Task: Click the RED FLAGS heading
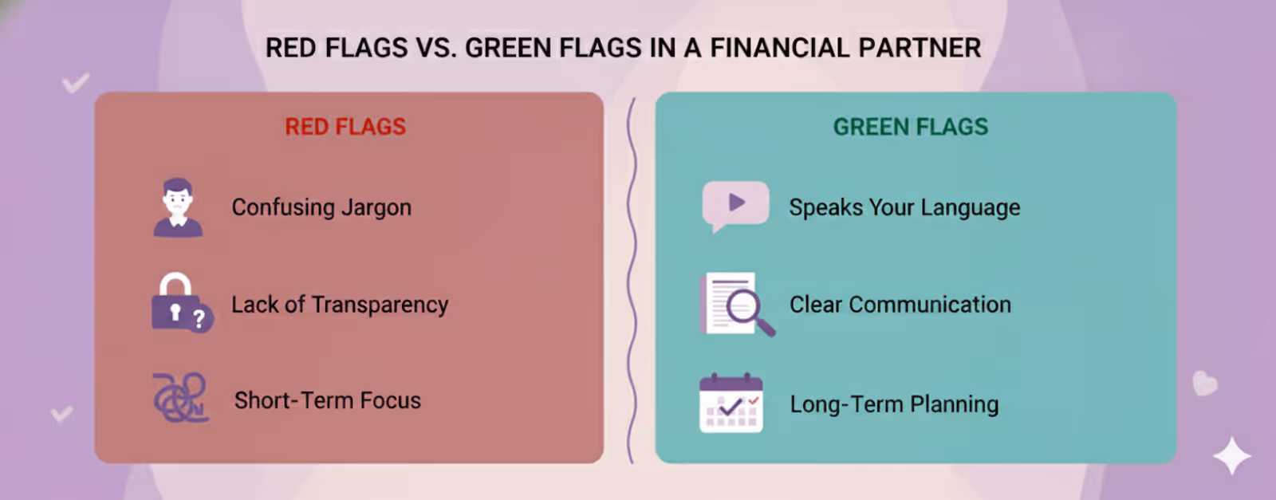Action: coord(345,127)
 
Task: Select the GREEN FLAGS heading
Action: coord(910,127)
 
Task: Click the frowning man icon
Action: coord(178,207)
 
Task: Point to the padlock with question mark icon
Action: coord(180,304)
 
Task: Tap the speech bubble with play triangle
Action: coord(734,204)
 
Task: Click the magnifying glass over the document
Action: coord(746,308)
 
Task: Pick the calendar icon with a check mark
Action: coord(731,404)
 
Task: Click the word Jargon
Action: coord(376,208)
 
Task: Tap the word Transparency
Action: coord(380,305)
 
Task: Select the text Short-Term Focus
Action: coord(327,400)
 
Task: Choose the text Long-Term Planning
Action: coord(894,404)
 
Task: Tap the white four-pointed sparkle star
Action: coord(1231,456)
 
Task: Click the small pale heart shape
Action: coord(1204,384)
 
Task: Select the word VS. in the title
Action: coord(436,48)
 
